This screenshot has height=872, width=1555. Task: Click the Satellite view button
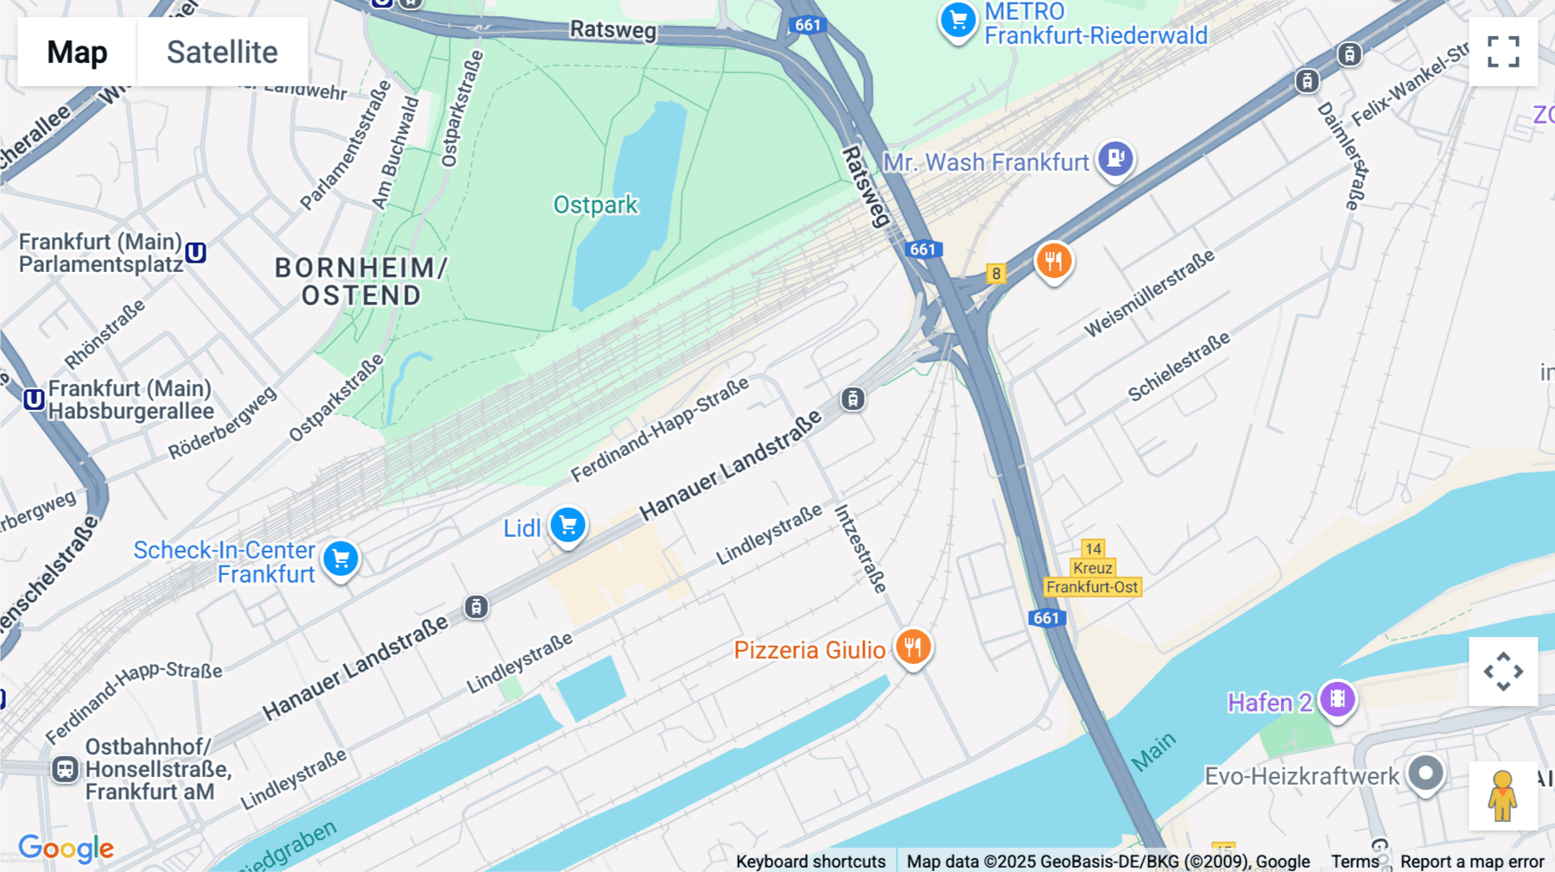coord(222,52)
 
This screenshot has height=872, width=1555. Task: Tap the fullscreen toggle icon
coord(1503,52)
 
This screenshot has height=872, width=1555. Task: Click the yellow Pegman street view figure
coord(1502,795)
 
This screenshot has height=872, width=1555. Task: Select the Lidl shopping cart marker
coord(568,525)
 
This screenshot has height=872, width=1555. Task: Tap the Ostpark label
coord(595,205)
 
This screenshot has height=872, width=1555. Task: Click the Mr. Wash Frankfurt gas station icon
coord(1115,159)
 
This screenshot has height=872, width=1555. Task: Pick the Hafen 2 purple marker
coord(1337,699)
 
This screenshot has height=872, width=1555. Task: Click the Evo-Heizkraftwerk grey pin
coord(1425,773)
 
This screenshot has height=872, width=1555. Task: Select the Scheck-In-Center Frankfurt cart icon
coord(341,559)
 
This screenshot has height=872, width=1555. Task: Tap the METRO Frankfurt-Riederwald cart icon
coord(957,20)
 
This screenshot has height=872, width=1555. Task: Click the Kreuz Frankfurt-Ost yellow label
coord(1093,578)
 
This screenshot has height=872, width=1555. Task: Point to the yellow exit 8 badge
coord(996,274)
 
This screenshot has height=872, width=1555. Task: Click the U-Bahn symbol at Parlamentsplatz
coord(196,253)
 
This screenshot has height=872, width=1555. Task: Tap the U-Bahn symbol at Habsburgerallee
coord(34,399)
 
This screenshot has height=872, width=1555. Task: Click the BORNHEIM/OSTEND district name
coord(360,281)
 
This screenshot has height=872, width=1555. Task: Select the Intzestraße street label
coord(860,549)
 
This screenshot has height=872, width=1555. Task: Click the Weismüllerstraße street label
coord(1149,293)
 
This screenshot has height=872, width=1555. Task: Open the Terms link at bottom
coord(1355,861)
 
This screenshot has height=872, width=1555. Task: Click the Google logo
coord(66,848)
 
